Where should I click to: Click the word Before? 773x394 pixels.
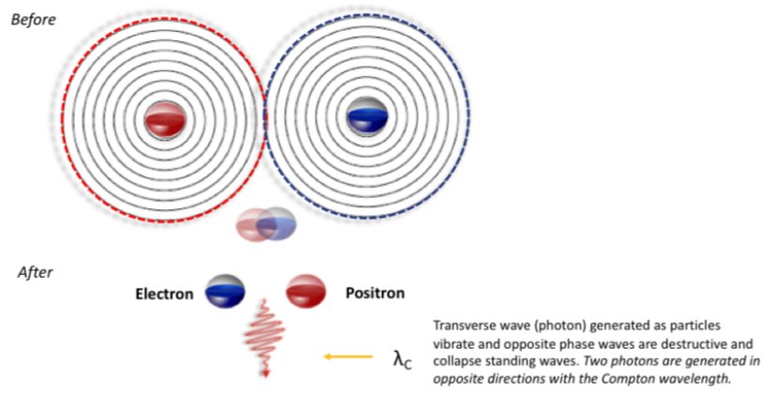coord(34,20)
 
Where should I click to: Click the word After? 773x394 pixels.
coord(35,273)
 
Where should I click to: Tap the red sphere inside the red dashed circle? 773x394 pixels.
coord(165,119)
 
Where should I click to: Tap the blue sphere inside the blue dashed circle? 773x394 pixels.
coord(367,115)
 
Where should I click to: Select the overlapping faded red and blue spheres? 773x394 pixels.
coord(267,224)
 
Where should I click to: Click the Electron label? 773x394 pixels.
coord(164,294)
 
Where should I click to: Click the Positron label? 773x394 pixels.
coord(375,293)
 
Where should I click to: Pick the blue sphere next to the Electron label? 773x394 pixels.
coord(225,292)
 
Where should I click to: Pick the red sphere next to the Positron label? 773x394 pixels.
coord(306,292)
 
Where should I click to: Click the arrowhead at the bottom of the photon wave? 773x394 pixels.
coord(266,373)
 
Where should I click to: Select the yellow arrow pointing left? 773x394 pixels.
coord(348,356)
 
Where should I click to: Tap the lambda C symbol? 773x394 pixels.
coord(402,359)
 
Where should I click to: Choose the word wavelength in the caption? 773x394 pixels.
coord(709,378)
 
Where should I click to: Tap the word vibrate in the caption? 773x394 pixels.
coord(452,343)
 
